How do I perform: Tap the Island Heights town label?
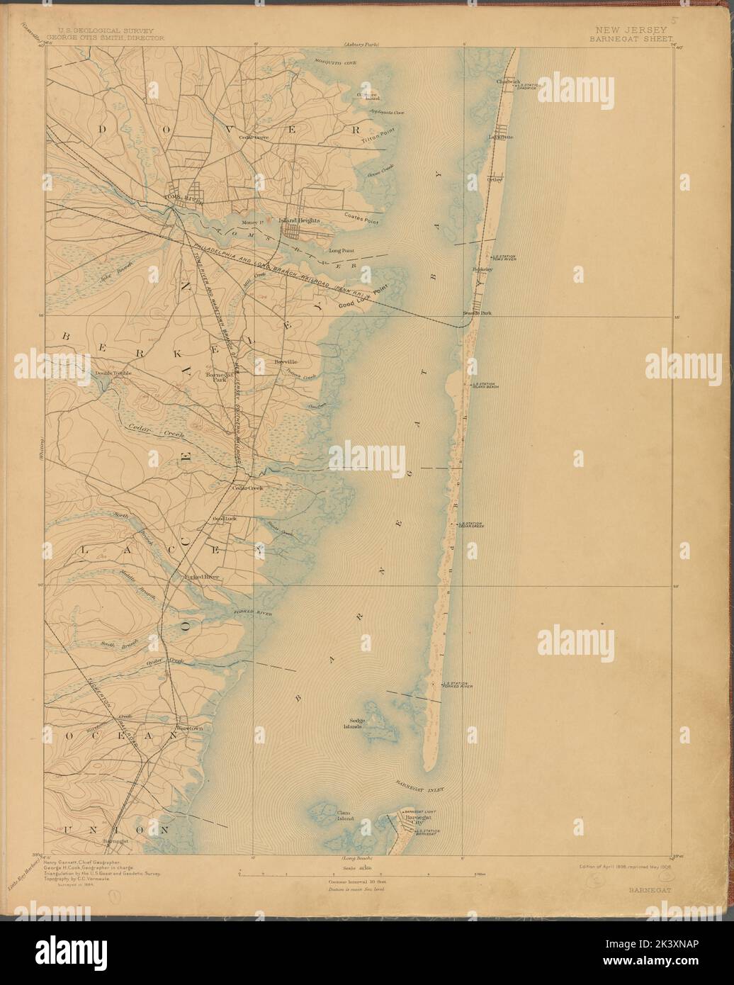[300, 220]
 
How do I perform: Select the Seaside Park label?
[477, 313]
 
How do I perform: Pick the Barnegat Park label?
[215, 376]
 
